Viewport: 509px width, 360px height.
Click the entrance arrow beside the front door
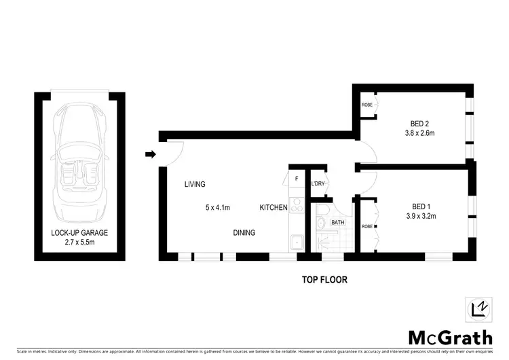point(150,155)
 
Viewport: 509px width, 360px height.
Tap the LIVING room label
point(195,184)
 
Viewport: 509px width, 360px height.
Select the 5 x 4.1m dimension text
point(219,207)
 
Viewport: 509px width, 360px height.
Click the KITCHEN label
point(274,207)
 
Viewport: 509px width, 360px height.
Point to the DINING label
point(244,233)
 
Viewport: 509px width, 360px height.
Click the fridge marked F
point(297,179)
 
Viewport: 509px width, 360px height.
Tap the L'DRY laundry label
point(317,184)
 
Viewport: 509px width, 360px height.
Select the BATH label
point(337,222)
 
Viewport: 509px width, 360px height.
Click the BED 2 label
point(419,124)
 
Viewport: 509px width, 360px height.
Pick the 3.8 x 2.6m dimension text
point(419,134)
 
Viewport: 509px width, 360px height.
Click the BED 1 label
point(421,206)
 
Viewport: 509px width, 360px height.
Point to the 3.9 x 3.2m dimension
point(421,217)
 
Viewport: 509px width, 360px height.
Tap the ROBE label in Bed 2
point(366,105)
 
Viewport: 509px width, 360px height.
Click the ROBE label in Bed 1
point(366,226)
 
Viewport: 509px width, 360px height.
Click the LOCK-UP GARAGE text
point(79,232)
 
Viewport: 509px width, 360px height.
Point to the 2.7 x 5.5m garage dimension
point(79,242)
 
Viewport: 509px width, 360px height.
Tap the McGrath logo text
point(450,337)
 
